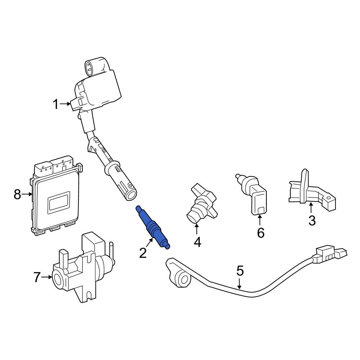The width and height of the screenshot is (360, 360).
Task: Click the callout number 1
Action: pyautogui.click(x=56, y=104)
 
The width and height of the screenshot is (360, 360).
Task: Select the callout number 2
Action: pyautogui.click(x=143, y=253)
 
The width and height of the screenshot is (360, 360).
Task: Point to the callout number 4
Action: pyautogui.click(x=197, y=242)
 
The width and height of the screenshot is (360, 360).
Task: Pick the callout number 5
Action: pyautogui.click(x=240, y=271)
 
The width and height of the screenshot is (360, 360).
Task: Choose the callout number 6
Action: pyautogui.click(x=261, y=233)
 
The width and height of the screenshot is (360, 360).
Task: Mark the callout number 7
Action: pyautogui.click(x=37, y=277)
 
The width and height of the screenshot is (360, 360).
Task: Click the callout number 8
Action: pyautogui.click(x=17, y=194)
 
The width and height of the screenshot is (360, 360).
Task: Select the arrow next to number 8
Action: pyautogui.click(x=27, y=194)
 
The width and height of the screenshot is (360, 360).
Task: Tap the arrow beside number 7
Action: pyautogui.click(x=46, y=277)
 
